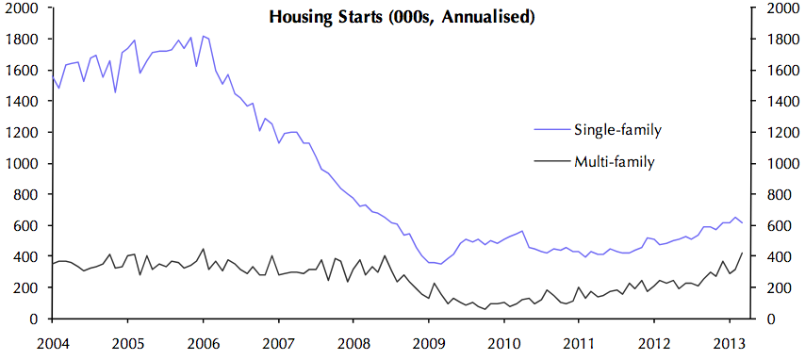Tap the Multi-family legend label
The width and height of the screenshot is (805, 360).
coord(614,161)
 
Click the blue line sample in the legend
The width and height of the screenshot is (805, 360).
coord(550,130)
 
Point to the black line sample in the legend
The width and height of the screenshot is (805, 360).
coord(550,162)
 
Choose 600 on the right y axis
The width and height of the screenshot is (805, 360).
coord(770,226)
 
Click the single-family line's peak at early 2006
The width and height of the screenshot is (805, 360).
coord(204,36)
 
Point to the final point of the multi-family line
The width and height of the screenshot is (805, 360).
coord(741,254)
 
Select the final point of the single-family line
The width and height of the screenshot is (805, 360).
coord(741,223)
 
